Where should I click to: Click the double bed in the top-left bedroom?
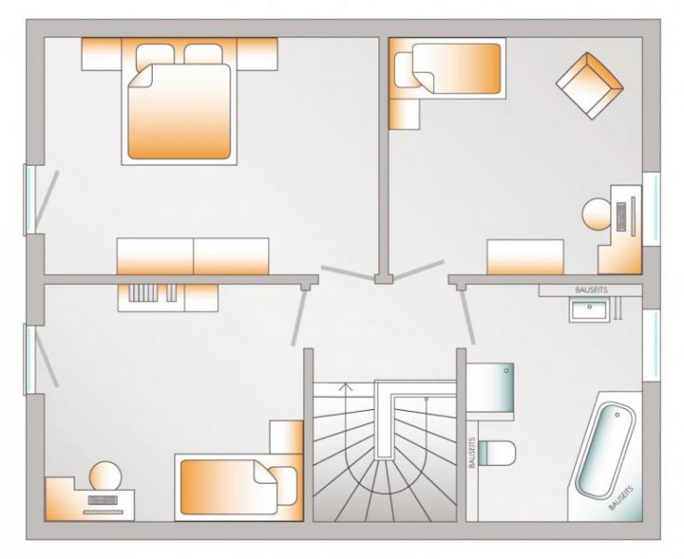[x=179, y=107]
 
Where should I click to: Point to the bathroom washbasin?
[x=587, y=308]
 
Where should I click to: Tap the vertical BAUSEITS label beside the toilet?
[x=472, y=453]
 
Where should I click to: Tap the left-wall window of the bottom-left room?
[x=31, y=359]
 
